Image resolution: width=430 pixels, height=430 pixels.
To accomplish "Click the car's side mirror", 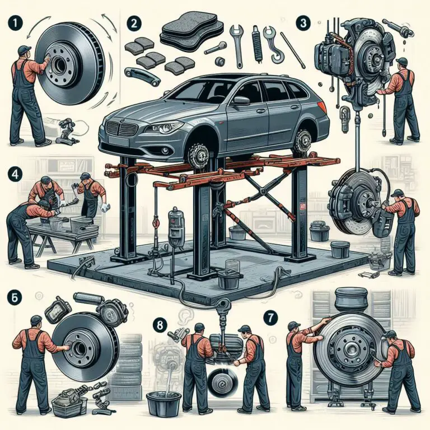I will coord(241,101).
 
